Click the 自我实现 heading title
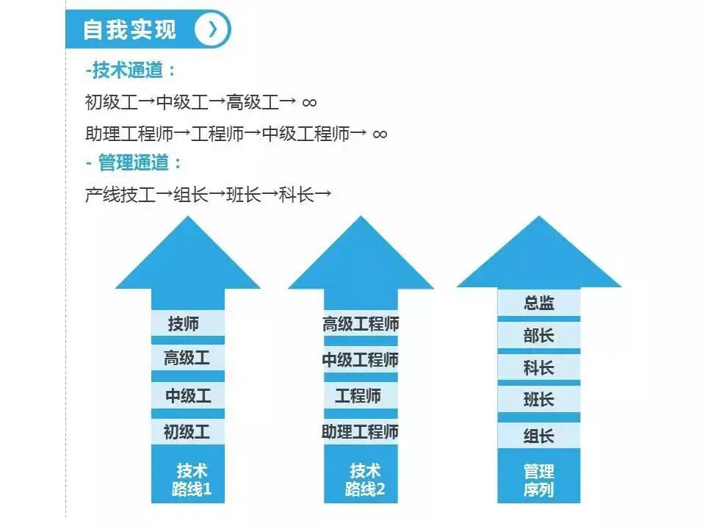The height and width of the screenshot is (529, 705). coord(130,29)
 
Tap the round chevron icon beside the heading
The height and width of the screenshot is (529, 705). coord(212,29)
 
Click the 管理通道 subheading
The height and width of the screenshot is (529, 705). coord(139,162)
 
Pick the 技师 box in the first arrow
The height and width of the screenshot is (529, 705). coord(187,323)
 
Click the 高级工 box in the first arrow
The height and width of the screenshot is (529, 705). coord(187,359)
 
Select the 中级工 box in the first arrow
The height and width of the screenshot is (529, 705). coord(187,395)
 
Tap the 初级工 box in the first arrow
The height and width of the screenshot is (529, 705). coord(187,431)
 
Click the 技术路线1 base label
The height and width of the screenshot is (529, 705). coord(190,479)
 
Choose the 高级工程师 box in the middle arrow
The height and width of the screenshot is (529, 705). coord(361,324)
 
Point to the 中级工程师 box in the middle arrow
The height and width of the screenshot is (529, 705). coord(361,360)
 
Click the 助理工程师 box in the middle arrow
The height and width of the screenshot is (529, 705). coord(361,431)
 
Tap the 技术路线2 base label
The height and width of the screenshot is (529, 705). coord(364,479)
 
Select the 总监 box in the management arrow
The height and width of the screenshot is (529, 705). coord(538,303)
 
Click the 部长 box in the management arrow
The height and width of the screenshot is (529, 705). coord(538,336)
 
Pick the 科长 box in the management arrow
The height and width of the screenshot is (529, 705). coord(538,368)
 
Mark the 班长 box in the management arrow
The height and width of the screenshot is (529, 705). coord(538,400)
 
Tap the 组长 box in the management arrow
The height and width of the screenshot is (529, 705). coord(538,436)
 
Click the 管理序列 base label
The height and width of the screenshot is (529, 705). coord(538,480)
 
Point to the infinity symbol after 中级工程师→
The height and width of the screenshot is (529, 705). coord(380,134)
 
